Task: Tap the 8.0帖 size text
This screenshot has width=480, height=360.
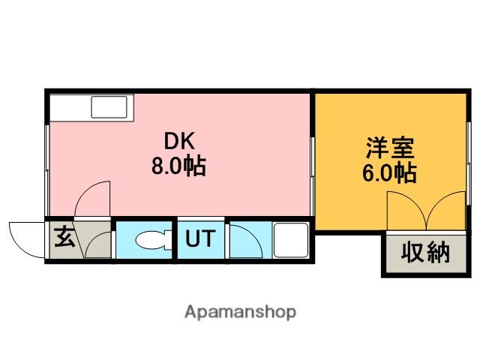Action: (179, 165)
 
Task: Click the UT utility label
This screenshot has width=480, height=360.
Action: (200, 240)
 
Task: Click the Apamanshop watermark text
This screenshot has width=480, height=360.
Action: (240, 311)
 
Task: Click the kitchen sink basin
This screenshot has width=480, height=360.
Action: (109, 107)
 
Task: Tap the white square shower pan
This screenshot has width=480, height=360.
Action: (289, 240)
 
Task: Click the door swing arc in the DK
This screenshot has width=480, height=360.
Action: (94, 199)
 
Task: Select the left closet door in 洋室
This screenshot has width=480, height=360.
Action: (406, 211)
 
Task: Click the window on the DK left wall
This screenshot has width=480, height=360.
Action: (48, 154)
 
